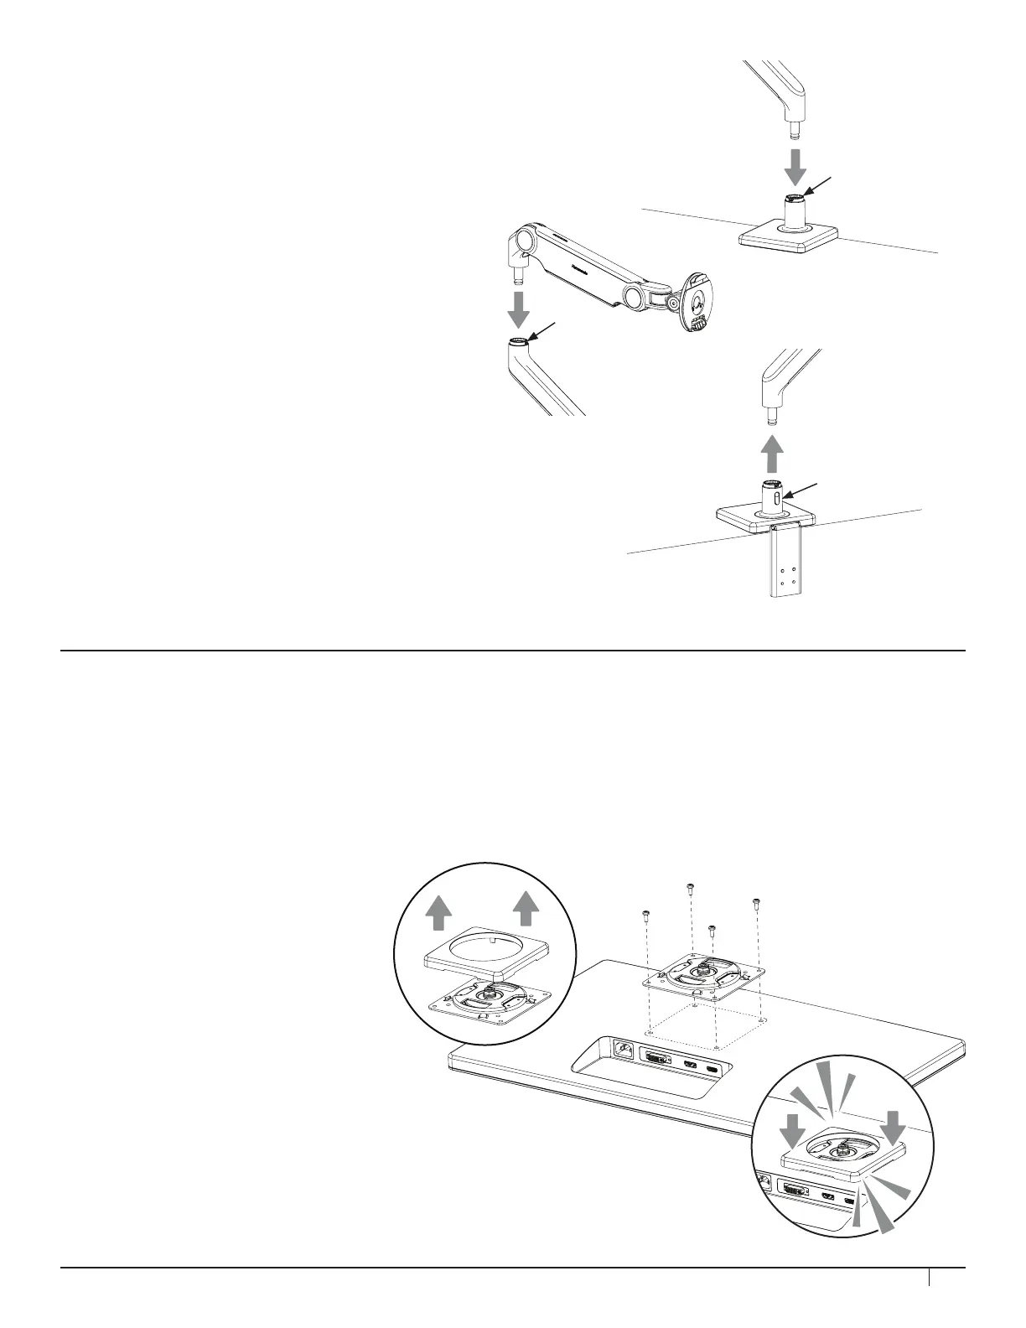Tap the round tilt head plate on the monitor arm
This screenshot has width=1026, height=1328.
pyautogui.click(x=698, y=299)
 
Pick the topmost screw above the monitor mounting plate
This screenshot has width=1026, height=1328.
pyautogui.click(x=690, y=886)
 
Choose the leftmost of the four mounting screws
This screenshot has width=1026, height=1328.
pyautogui.click(x=646, y=914)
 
